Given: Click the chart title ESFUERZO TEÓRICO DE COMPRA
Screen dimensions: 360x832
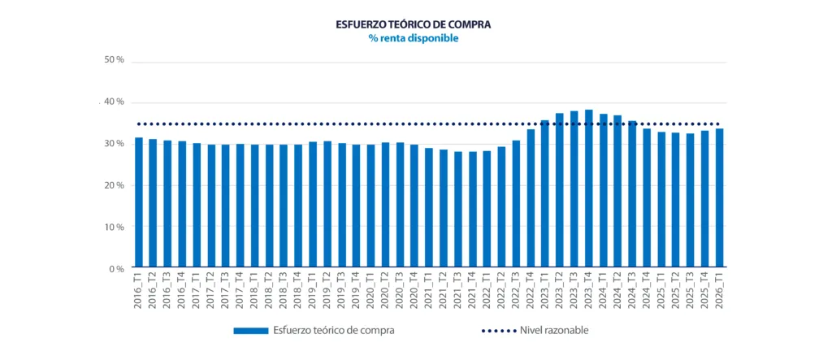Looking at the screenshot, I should click(413, 24).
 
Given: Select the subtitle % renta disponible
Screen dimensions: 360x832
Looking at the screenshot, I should click(413, 38).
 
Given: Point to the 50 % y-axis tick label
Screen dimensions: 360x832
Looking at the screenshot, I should click(115, 60).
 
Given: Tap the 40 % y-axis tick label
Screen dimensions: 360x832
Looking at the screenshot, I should click(115, 102).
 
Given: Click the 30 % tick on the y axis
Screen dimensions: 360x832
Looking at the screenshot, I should click(115, 144).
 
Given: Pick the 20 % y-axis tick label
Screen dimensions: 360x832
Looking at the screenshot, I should click(115, 185).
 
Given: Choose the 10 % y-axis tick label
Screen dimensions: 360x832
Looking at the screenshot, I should click(115, 227).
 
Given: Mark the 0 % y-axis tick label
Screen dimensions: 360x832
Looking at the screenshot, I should click(117, 268).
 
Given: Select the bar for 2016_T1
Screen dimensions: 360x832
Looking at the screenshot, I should click(139, 203).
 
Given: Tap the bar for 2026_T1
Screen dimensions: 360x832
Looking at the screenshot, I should click(719, 199).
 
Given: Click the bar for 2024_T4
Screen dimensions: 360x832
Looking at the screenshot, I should click(647, 199).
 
